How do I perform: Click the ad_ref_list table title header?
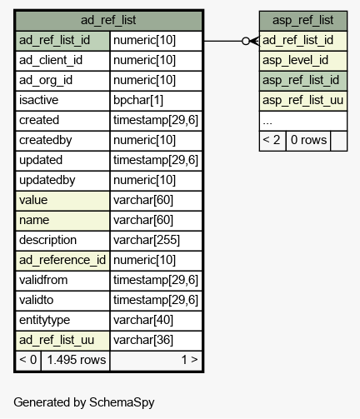(108, 21)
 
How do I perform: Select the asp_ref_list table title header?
(303, 21)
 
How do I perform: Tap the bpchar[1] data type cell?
(156, 101)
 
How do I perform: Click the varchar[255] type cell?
(156, 241)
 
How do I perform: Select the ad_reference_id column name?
(62, 261)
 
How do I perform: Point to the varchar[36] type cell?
(156, 341)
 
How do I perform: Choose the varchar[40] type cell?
(156, 321)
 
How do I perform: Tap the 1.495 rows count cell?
(76, 361)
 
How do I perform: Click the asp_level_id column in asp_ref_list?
(303, 61)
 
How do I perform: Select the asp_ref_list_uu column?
(303, 101)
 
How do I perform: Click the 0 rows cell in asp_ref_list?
(308, 141)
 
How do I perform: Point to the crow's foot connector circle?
(246, 41)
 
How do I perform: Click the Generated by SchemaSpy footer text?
(84, 402)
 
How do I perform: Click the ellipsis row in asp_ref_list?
(303, 121)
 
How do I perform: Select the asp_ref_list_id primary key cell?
(303, 81)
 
